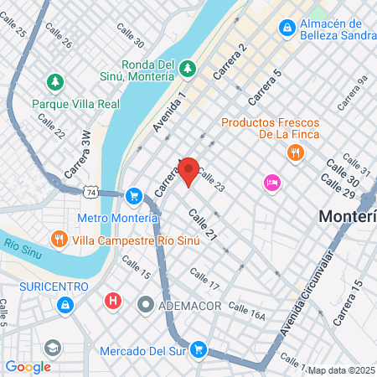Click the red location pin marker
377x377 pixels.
pyautogui.click(x=188, y=170)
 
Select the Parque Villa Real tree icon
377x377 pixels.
pyautogui.click(x=55, y=83)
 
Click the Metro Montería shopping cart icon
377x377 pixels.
pyautogui.click(x=132, y=196)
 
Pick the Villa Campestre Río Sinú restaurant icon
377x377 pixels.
pyautogui.click(x=58, y=238)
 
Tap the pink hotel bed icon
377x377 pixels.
pyautogui.click(x=271, y=182)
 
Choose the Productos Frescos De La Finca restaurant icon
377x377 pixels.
pyautogui.click(x=294, y=152)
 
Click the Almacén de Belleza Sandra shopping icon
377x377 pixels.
pyautogui.click(x=287, y=28)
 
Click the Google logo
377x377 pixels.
pyautogui.click(x=28, y=366)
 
